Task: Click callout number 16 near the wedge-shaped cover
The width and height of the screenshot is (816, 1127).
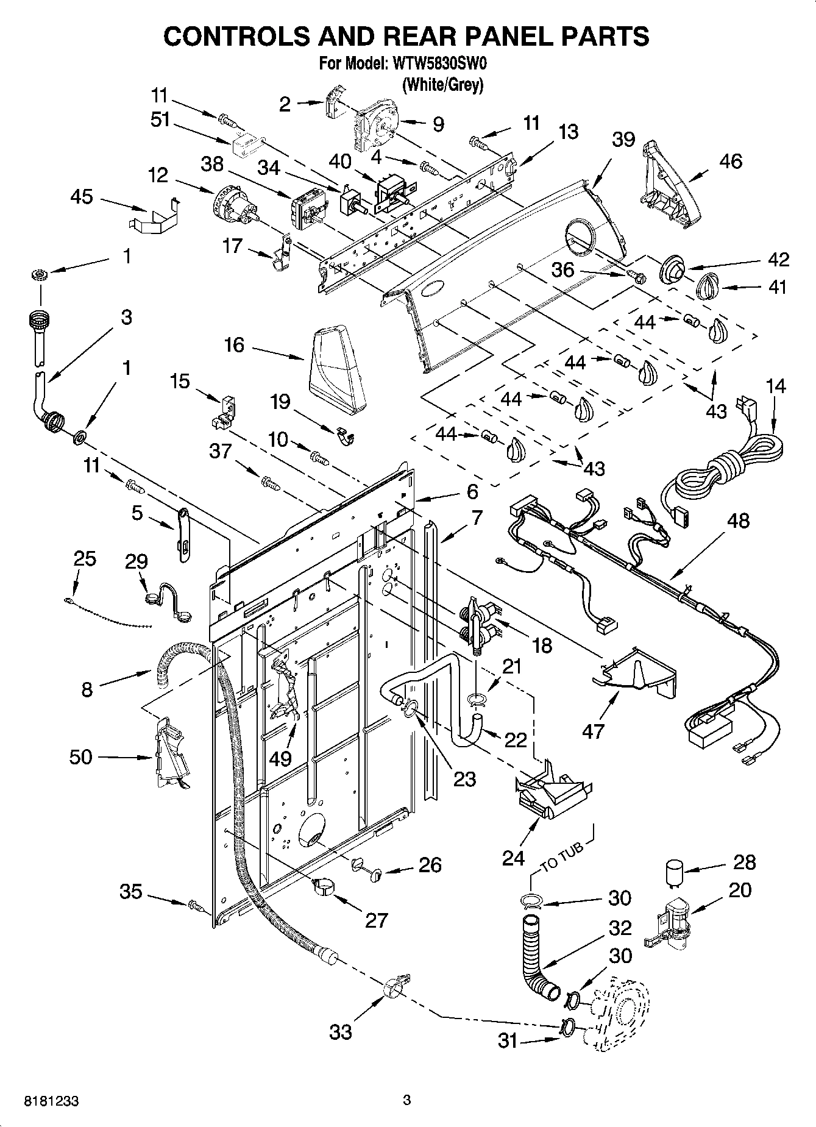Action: click(x=234, y=346)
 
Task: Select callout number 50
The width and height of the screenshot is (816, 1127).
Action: click(x=81, y=757)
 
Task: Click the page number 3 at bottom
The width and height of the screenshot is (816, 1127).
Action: click(x=407, y=1100)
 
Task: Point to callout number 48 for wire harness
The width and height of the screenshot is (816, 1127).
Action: click(x=738, y=521)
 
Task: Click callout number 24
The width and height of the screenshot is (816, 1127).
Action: click(x=514, y=858)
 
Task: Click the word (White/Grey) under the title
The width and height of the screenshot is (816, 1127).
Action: click(x=443, y=85)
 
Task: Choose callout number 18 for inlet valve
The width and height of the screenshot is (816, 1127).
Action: click(x=542, y=645)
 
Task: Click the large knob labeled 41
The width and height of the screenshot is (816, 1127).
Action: click(x=709, y=285)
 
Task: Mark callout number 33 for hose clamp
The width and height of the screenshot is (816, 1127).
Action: click(x=341, y=1031)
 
